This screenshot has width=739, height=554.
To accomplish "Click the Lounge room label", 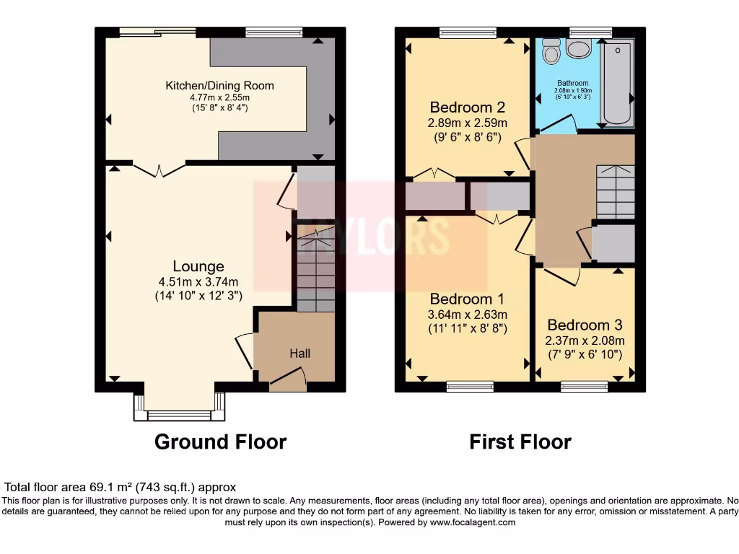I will point(198,267).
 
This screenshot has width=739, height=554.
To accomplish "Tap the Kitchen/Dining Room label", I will point(219,86).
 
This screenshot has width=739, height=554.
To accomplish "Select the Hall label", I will point(299,353).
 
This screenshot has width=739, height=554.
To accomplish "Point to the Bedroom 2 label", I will point(468,108).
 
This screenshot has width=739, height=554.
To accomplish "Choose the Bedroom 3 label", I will point(585,325).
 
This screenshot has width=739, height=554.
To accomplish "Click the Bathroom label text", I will point(572,83).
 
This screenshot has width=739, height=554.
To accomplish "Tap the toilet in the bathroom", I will point(552,50).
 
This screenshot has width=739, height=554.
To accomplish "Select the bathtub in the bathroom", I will point(617,83).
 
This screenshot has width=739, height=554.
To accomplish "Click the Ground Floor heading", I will point(220,441).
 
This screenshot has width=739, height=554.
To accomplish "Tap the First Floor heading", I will point(520,441).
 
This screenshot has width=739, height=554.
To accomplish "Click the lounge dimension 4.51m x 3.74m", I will point(198,282).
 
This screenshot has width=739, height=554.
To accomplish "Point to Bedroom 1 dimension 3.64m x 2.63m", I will point(468,315).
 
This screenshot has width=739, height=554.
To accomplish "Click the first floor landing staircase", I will point(615,191).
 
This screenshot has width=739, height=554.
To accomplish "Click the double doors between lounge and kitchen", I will point(159,170).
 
